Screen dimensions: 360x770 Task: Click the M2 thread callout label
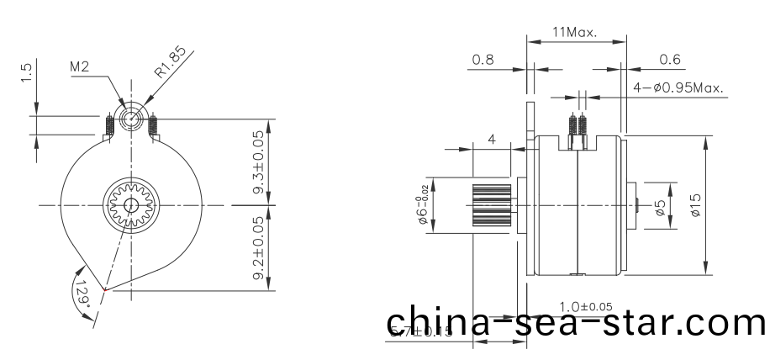79,66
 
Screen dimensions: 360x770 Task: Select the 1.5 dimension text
27,73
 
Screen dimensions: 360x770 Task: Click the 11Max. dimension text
575,33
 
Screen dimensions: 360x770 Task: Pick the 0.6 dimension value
670,60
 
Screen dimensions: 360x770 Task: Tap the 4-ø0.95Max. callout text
678,87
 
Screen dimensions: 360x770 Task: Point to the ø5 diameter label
662,205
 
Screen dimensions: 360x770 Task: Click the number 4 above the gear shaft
492,139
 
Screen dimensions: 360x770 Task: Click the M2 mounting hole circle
132,119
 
